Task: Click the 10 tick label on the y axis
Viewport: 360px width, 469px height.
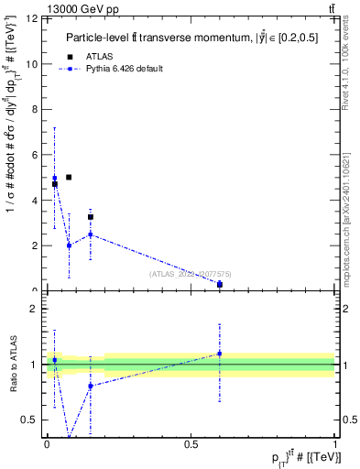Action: coord(33,64)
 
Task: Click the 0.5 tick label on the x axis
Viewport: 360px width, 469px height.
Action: coord(191,443)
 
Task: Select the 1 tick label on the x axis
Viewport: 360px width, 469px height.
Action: coord(333,443)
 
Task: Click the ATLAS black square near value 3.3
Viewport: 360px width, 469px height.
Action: coord(91,217)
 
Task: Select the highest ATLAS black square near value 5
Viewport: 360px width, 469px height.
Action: coord(69,177)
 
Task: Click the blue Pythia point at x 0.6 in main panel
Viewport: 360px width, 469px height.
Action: coord(220,284)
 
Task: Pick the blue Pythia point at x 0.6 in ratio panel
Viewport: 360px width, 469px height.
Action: coord(220,354)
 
